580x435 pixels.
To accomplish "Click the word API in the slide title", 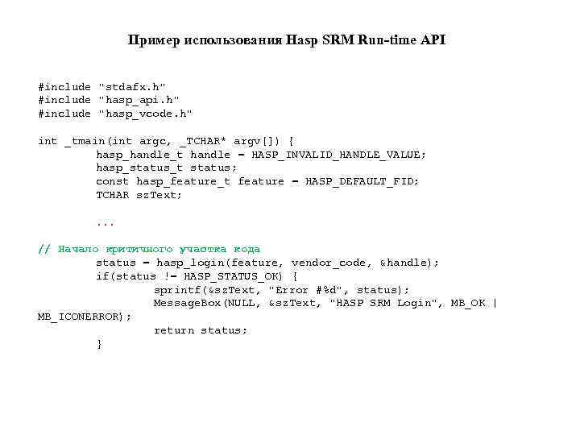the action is click(433, 40).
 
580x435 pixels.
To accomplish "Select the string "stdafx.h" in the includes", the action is click(132, 85).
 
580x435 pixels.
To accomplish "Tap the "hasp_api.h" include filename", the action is click(139, 99).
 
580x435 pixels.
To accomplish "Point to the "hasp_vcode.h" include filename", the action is click(145, 113).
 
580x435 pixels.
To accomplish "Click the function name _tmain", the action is click(84, 140).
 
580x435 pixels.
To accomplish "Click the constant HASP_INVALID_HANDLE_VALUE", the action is click(339, 154).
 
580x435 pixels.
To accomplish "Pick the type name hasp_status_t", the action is click(139, 168).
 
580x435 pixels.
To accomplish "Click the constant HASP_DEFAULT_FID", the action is click(362, 181).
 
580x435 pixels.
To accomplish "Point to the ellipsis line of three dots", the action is click(105, 222).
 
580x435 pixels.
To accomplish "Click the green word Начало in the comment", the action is click(77, 249).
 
